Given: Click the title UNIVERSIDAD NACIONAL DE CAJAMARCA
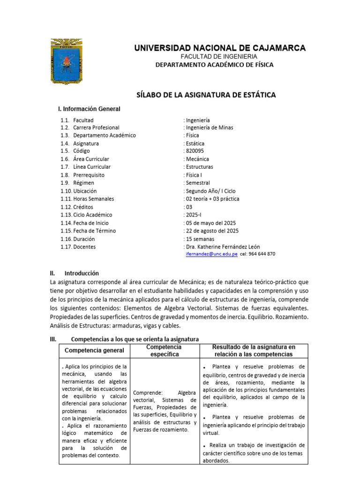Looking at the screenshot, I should (220, 48).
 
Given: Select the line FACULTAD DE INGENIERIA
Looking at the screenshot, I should (220, 56).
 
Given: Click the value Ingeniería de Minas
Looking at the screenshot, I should (209, 127).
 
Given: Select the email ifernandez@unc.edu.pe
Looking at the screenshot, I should (212, 254).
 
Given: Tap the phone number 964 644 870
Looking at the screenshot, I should (264, 254).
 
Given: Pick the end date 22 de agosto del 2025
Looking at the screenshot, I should (212, 231).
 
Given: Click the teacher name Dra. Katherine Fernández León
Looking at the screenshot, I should (223, 247).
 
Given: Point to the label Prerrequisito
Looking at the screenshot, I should (89, 175).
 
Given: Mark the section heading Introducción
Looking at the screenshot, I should (82, 273).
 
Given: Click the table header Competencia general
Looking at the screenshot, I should (94, 351).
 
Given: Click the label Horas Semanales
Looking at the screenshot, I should (94, 199).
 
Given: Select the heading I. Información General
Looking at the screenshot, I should (89, 109).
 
